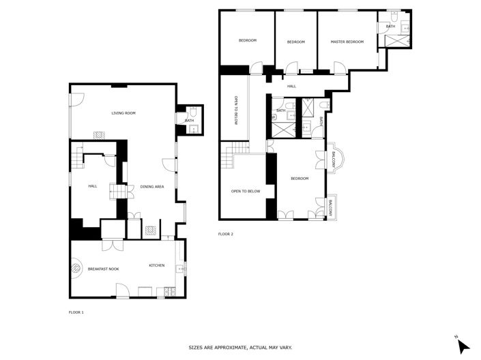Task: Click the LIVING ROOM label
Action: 124,113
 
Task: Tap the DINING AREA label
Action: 152,187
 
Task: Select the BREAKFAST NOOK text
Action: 104,269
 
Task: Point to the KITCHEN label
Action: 157,265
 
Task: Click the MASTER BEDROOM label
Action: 347,42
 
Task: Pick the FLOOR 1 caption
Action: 76,312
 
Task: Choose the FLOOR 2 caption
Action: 226,234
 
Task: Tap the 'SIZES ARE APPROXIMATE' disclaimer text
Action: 240,348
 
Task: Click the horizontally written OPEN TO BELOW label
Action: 246,192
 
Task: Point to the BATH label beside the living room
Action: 189,121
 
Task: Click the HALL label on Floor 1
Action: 93,186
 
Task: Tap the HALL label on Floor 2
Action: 291,87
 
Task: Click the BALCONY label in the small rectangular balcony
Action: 330,207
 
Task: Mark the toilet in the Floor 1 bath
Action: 194,111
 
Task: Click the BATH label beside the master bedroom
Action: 390,27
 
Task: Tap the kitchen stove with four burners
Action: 164,294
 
